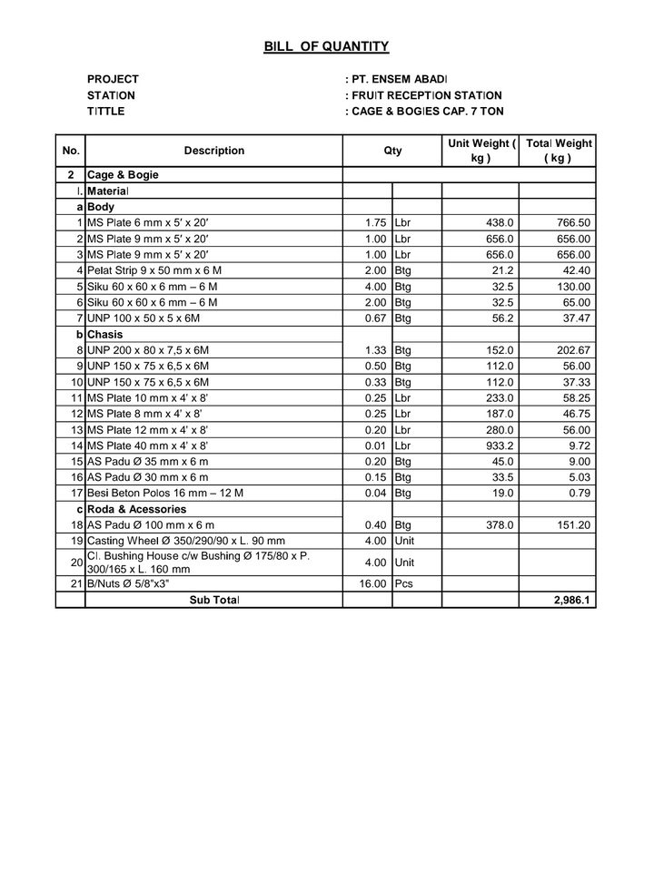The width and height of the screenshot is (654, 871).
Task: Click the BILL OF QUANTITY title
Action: pyautogui.click(x=326, y=46)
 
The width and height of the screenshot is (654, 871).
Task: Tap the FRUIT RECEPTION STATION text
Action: pyautogui.click(x=426, y=95)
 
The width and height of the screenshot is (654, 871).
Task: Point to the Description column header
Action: pyautogui.click(x=213, y=151)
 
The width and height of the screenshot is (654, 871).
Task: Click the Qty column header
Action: pyautogui.click(x=392, y=151)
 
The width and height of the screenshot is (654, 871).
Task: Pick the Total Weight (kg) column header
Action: pyautogui.click(x=559, y=151)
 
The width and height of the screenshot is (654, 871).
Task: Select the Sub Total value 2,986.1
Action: pyautogui.click(x=571, y=601)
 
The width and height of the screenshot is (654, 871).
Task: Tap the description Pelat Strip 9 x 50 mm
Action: pyautogui.click(x=154, y=270)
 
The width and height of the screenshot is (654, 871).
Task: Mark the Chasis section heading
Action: pyautogui.click(x=106, y=334)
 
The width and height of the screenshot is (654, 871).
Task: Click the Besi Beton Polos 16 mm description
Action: pyautogui.click(x=165, y=493)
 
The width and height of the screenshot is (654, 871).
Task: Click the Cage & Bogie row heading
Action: pyautogui.click(x=123, y=174)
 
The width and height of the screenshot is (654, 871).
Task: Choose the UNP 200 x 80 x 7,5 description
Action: pyautogui.click(x=148, y=350)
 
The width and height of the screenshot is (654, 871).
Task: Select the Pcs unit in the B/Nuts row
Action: pyautogui.click(x=404, y=584)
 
